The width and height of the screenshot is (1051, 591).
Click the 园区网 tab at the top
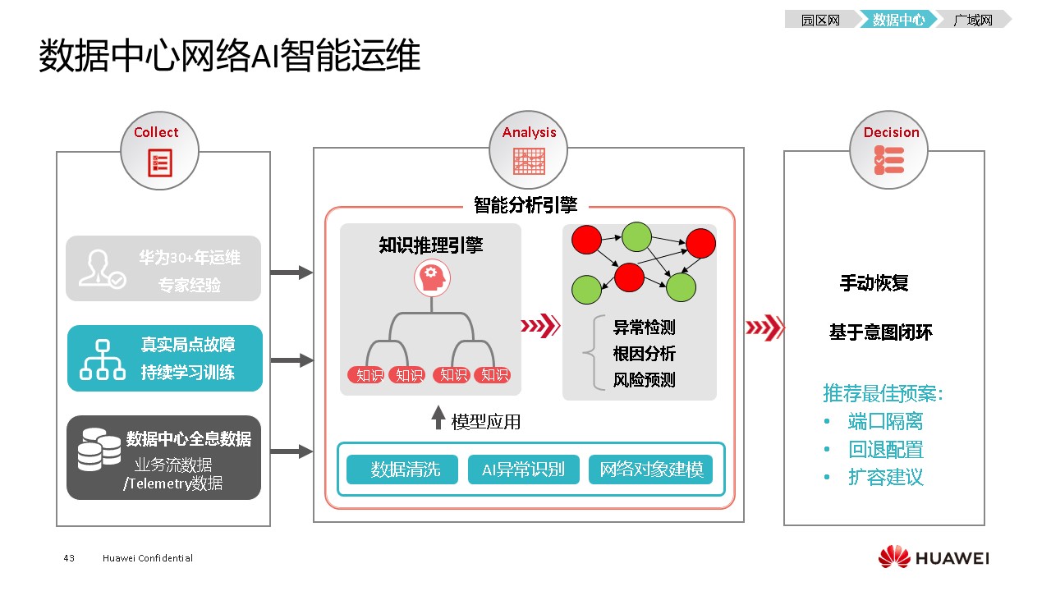pyautogui.click(x=820, y=20)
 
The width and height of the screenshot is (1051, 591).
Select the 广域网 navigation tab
pyautogui.click(x=973, y=20)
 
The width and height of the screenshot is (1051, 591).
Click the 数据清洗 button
pyautogui.click(x=402, y=470)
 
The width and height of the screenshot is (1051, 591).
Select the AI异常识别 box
pyautogui.click(x=523, y=470)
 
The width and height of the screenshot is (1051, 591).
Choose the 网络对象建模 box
pyautogui.click(x=650, y=470)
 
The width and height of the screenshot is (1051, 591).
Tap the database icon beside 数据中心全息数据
pyautogui.click(x=99, y=452)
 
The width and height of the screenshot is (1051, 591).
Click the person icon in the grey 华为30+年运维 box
pyautogui.click(x=102, y=268)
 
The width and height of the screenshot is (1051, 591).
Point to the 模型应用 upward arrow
pyautogui.click(x=438, y=419)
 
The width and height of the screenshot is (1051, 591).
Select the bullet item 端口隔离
pyautogui.click(x=884, y=422)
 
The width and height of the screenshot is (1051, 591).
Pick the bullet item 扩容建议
pyautogui.click(x=884, y=477)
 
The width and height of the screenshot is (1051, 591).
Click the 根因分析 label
pyautogui.click(x=644, y=354)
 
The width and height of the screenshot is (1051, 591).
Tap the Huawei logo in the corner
pyautogui.click(x=934, y=558)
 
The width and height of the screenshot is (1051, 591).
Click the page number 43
pyautogui.click(x=69, y=558)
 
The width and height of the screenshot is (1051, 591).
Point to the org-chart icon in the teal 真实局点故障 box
pyautogui.click(x=102, y=360)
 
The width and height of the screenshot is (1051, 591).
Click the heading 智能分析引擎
pyautogui.click(x=525, y=205)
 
